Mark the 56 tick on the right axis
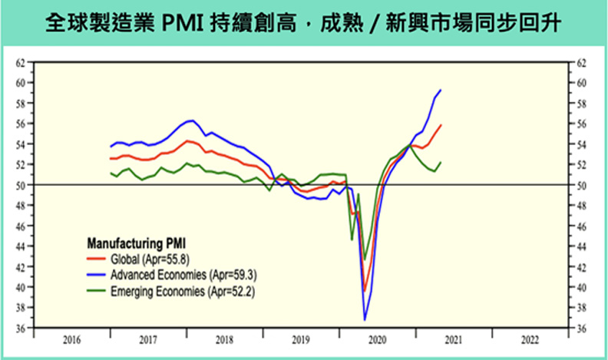coord(581,123)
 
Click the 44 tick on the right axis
coord(581,246)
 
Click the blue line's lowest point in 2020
coord(365,319)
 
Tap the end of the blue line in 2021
coord(441,90)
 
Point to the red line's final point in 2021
coord(441,124)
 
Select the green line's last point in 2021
coord(441,162)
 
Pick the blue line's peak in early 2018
coord(191,121)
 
